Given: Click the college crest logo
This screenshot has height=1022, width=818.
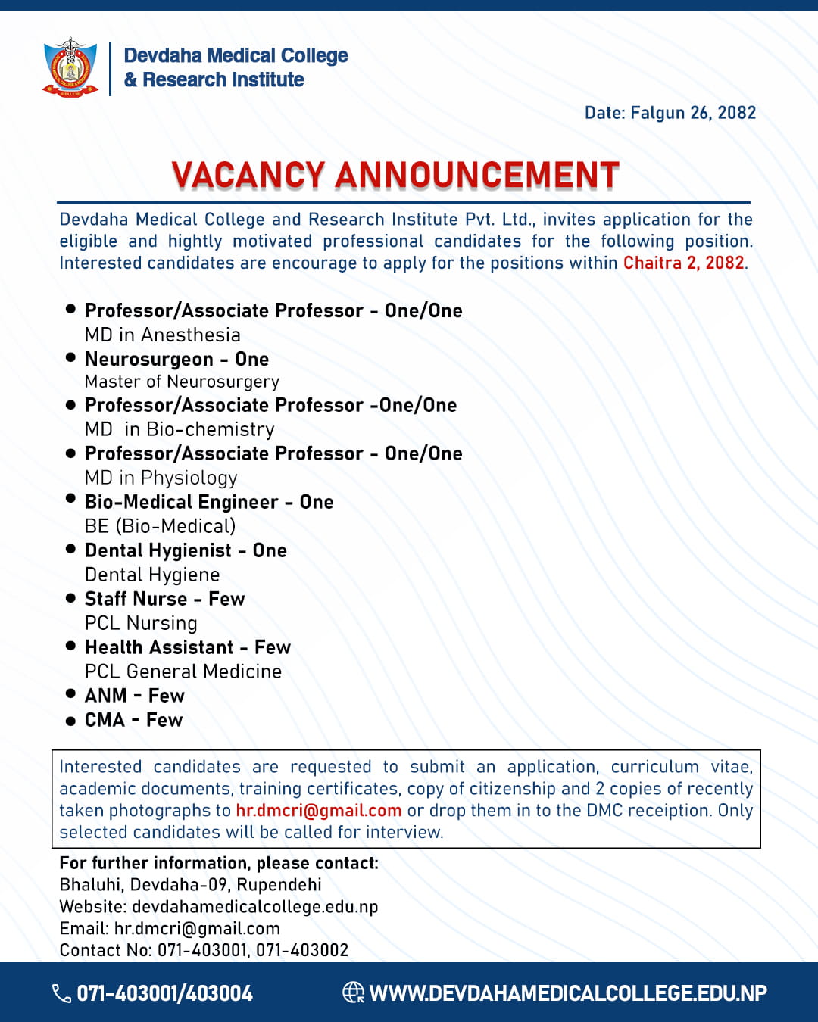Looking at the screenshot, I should [x=70, y=68].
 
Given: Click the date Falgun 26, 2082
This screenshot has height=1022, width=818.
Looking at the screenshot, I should [x=670, y=113].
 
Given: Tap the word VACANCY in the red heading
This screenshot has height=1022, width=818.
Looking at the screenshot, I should [x=248, y=175].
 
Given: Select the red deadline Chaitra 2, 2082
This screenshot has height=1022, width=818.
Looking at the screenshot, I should [x=683, y=263].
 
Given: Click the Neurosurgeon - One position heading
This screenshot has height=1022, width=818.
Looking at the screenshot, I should [x=176, y=359].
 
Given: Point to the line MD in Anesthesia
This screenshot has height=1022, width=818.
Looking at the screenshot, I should [x=162, y=335].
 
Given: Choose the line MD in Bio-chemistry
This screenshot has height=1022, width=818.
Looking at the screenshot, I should [x=180, y=429].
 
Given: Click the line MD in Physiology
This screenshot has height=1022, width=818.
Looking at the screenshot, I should [x=161, y=478].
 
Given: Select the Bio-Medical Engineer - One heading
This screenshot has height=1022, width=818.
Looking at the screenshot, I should [x=209, y=502].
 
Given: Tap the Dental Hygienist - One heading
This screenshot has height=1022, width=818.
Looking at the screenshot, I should [x=186, y=550].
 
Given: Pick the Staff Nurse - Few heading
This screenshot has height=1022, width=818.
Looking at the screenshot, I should [x=164, y=599].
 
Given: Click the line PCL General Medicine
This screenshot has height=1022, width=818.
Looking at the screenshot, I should [x=183, y=671].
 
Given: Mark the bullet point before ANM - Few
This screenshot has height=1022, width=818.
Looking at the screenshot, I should [x=70, y=693].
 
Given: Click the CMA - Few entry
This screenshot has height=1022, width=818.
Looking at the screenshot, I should [x=133, y=720].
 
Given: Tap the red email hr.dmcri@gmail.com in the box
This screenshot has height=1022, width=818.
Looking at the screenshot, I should [x=318, y=810].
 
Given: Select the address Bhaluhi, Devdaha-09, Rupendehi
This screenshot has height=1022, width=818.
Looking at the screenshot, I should [x=190, y=884].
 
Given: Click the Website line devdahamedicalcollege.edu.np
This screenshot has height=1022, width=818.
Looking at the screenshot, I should [x=218, y=906].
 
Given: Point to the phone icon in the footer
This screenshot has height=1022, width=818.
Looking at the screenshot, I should [x=61, y=993].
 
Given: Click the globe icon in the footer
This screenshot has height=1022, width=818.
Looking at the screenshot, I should [x=353, y=992].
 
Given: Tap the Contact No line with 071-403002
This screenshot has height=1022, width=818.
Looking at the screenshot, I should [x=204, y=950].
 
